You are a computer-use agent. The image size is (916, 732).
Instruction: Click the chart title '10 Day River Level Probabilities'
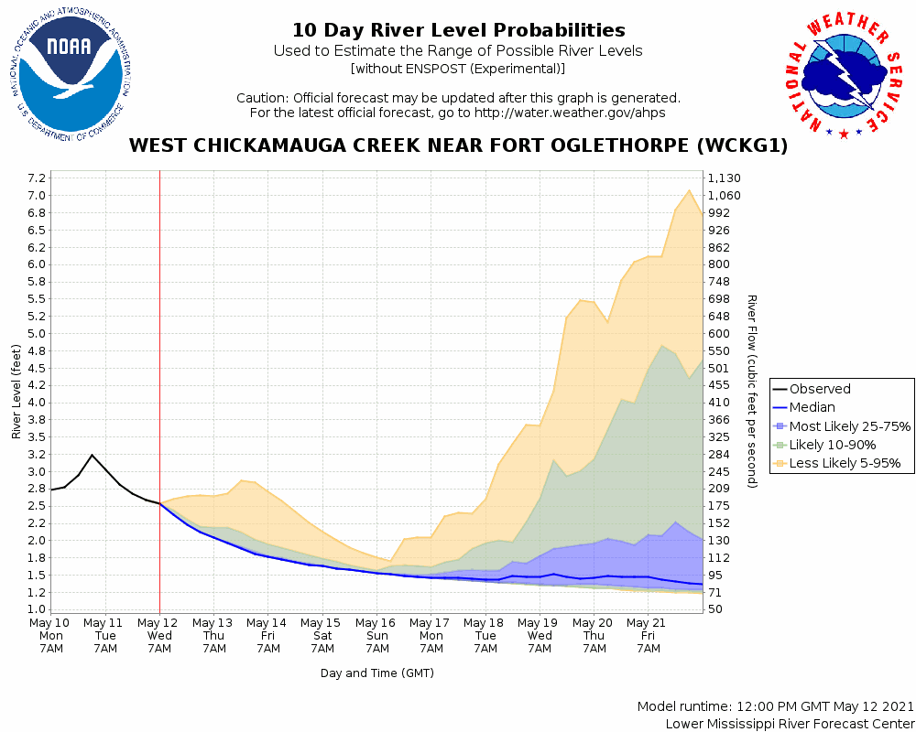click(x=458, y=31)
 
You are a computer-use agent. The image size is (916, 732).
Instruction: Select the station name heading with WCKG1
click(x=458, y=145)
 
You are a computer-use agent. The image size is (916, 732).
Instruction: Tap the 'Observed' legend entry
click(x=820, y=389)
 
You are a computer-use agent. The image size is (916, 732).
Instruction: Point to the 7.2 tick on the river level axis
click(x=37, y=178)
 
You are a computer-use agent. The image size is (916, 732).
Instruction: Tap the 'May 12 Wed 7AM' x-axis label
click(x=159, y=634)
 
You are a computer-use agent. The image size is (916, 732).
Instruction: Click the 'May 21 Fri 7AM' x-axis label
click(x=648, y=634)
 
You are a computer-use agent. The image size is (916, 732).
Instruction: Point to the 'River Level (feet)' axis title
click(x=16, y=391)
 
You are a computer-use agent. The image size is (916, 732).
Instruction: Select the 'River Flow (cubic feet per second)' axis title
click(x=751, y=391)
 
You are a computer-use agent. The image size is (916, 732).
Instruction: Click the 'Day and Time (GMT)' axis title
click(x=376, y=673)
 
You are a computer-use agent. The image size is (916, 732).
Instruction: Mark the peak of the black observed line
click(x=92, y=455)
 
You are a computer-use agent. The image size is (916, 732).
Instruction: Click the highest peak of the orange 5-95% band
click(x=689, y=190)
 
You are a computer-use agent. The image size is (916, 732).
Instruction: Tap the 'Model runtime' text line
click(x=775, y=707)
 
